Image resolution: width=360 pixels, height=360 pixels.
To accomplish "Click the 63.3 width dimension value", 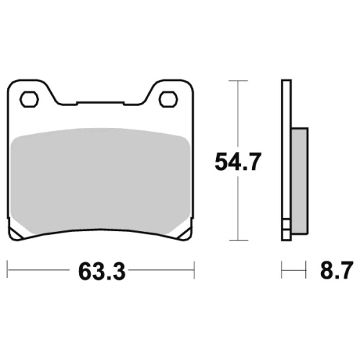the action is [x=102, y=271].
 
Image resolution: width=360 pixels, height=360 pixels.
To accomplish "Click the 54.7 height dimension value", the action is [x=238, y=162].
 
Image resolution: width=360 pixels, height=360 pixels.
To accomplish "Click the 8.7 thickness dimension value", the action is [x=337, y=270].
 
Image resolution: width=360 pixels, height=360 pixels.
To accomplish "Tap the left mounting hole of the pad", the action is [x=29, y=99].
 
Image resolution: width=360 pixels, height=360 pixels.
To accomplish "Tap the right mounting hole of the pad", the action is [x=168, y=99].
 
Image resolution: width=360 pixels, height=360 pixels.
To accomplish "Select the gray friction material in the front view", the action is [x=100, y=181].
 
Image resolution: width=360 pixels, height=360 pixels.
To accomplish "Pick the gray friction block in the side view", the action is [x=300, y=181].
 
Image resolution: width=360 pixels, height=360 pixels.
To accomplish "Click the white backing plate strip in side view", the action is [x=287, y=149].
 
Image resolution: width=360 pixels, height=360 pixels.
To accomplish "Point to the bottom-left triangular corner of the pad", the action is [x=15, y=231].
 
